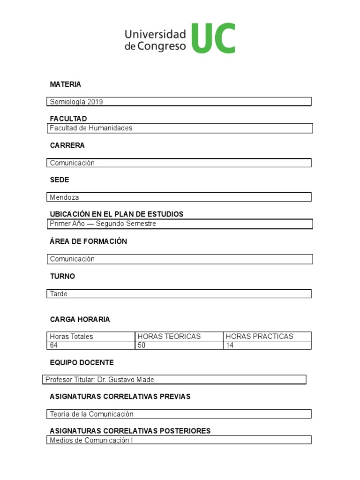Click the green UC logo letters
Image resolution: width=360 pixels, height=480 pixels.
click(x=213, y=38)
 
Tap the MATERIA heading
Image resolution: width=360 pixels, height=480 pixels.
click(x=66, y=84)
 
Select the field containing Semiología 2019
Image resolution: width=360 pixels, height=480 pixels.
click(x=179, y=102)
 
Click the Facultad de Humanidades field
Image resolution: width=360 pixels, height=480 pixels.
click(x=179, y=128)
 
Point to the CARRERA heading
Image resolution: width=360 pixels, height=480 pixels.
click(x=67, y=145)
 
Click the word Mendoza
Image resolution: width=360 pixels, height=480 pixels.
click(x=65, y=197)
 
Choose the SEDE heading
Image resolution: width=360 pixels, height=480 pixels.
click(x=60, y=180)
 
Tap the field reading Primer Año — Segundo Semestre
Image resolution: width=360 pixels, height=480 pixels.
click(x=179, y=224)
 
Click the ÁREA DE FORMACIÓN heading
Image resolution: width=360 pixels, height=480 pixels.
click(x=89, y=241)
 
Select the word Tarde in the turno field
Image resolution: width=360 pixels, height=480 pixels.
click(x=59, y=294)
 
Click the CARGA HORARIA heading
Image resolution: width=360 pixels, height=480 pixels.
click(x=80, y=320)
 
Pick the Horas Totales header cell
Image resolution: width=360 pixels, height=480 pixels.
click(x=91, y=336)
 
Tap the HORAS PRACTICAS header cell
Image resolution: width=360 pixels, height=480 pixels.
click(x=267, y=336)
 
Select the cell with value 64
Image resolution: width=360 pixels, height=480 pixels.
click(x=91, y=345)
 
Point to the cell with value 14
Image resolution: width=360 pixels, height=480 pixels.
click(x=267, y=345)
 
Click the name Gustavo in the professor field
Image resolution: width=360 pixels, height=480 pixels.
click(x=124, y=380)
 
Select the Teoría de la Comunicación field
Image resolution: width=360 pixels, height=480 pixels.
click(x=179, y=414)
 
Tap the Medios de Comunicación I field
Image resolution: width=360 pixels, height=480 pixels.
click(x=179, y=440)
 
